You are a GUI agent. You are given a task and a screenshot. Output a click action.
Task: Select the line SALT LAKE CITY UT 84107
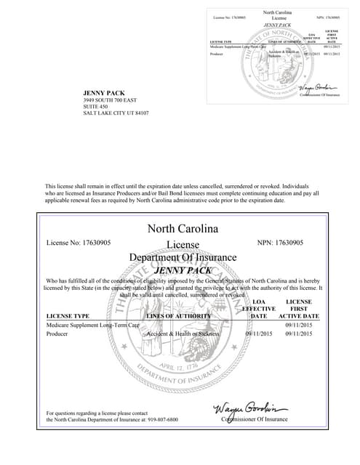click(x=116, y=113)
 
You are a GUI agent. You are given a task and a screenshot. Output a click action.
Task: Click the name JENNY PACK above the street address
click(x=105, y=93)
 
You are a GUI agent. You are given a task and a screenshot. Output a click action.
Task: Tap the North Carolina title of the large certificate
click(x=183, y=228)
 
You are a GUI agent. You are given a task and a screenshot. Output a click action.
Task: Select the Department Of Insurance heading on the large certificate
click(x=183, y=257)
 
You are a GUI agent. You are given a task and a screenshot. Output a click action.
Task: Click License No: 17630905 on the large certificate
click(x=79, y=242)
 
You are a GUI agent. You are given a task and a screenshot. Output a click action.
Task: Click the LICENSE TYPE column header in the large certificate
click(x=68, y=316)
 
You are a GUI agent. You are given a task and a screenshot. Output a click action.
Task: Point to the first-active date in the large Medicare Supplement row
click(x=299, y=325)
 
